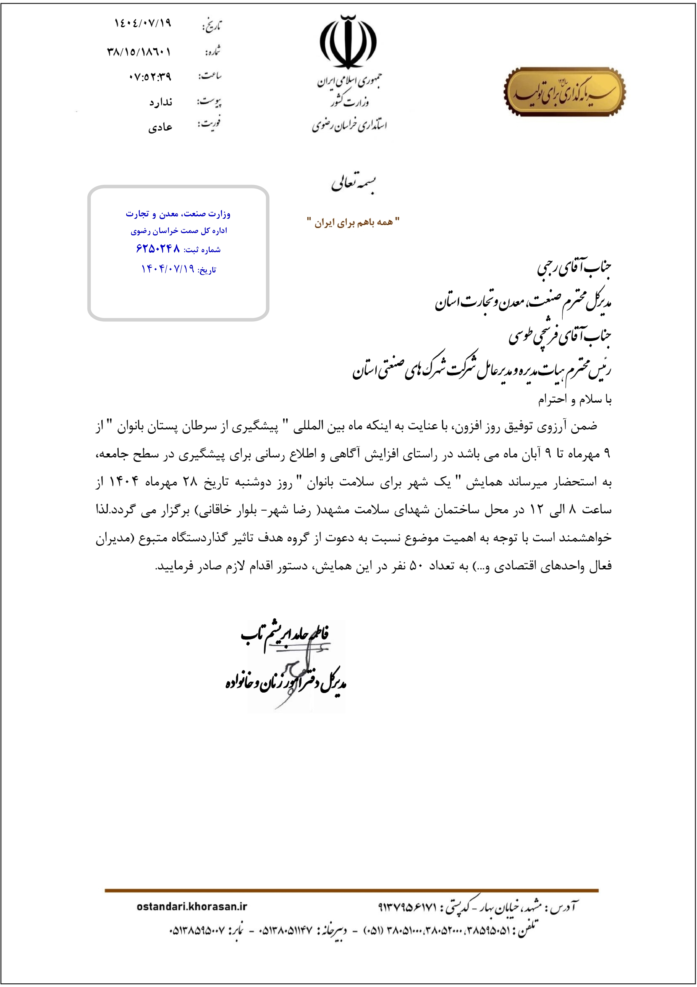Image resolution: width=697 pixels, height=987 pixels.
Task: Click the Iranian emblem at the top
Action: click(x=348, y=42)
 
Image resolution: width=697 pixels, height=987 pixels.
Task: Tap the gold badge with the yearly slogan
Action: click(x=564, y=92)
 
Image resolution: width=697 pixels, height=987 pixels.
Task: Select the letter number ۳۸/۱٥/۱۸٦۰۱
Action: click(x=139, y=52)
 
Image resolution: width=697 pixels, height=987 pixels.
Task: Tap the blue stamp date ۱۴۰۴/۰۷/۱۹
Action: click(x=168, y=269)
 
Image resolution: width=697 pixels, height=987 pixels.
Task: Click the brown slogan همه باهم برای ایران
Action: click(x=353, y=222)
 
